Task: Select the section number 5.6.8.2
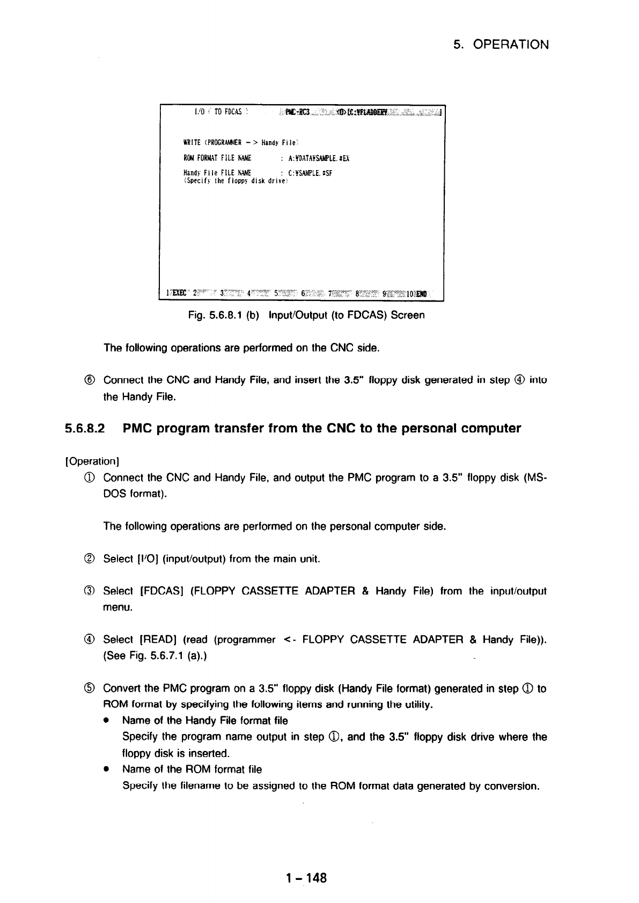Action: [x=86, y=429]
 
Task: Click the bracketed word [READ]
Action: [x=159, y=640]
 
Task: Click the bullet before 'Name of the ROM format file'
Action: [x=108, y=769]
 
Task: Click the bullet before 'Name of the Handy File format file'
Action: [x=108, y=721]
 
